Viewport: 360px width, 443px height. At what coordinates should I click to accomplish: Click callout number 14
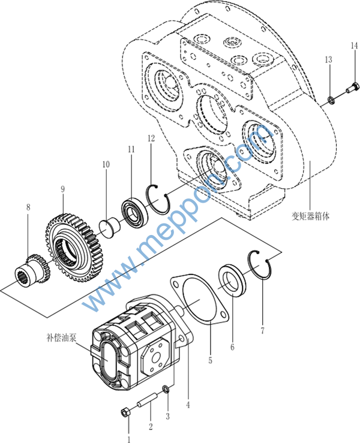tap(354, 46)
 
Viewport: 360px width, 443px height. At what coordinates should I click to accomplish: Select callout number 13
tap(328, 59)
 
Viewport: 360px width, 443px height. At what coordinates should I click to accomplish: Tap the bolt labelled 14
tap(352, 88)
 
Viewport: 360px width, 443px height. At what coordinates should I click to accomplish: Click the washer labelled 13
tap(331, 100)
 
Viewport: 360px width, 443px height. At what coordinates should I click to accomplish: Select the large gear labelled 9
tap(74, 248)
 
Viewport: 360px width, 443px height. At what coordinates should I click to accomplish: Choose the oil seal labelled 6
tap(232, 281)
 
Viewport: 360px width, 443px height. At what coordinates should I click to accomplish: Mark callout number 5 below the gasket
tap(210, 360)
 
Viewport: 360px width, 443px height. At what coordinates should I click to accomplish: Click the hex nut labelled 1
tap(125, 412)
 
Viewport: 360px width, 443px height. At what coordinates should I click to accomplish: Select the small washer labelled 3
tap(167, 389)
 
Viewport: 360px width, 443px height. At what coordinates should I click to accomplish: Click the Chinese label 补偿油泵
tap(61, 337)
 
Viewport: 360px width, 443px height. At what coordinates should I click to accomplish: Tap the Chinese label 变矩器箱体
tap(311, 216)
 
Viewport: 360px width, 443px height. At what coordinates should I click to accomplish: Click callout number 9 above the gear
tap(63, 189)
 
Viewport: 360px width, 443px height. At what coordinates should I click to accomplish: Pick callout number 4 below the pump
tap(188, 405)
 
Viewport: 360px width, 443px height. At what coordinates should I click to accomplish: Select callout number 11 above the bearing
tap(131, 149)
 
